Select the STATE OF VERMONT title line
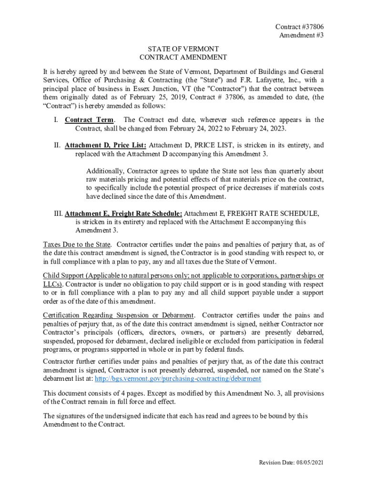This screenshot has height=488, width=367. (x=183, y=49)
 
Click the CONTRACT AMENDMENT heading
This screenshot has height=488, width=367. (x=183, y=58)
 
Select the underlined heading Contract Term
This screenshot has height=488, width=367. (x=89, y=120)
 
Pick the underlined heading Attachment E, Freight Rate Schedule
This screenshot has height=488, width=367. (x=123, y=213)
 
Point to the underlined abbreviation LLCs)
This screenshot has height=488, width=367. (x=52, y=284)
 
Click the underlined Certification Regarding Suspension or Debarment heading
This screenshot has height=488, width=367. (x=118, y=315)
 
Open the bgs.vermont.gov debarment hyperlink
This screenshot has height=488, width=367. (x=178, y=378)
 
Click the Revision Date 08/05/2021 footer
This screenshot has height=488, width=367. (x=291, y=463)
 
